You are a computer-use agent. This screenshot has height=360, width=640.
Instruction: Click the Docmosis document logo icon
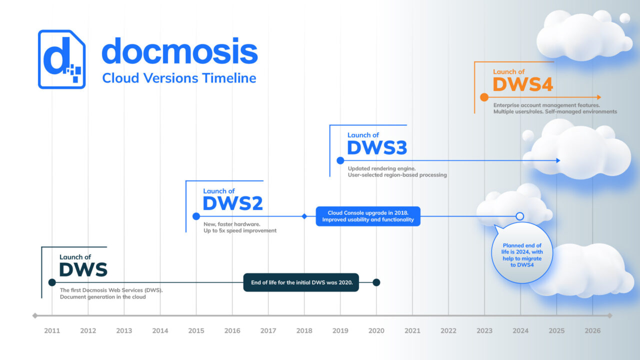[61, 59]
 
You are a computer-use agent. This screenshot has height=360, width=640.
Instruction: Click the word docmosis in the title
[179, 51]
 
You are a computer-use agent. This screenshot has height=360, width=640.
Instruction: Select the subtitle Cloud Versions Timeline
[179, 78]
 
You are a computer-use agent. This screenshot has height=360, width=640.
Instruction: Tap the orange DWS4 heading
[522, 84]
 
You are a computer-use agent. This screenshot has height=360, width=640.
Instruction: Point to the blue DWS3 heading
[376, 148]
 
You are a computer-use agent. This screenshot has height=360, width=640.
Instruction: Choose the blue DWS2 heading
[232, 203]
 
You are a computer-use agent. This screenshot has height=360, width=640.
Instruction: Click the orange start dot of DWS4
[484, 97]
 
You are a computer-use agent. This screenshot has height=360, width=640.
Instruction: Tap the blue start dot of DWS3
[340, 160]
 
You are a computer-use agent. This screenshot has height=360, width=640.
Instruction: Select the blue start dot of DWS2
[196, 216]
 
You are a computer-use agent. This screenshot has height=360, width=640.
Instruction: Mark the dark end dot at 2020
[376, 282]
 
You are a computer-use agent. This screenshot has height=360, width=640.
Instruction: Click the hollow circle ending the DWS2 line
[519, 216]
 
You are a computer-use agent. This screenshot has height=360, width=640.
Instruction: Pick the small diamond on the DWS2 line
[304, 216]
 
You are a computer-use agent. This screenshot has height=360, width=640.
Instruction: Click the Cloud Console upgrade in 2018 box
[368, 216]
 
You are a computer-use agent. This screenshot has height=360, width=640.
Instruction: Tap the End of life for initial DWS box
[301, 282]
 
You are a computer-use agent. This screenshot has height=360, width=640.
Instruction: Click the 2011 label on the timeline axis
[52, 330]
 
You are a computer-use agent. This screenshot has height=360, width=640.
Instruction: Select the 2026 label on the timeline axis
[592, 330]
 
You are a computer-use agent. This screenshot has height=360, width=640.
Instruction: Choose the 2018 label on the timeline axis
[304, 330]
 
